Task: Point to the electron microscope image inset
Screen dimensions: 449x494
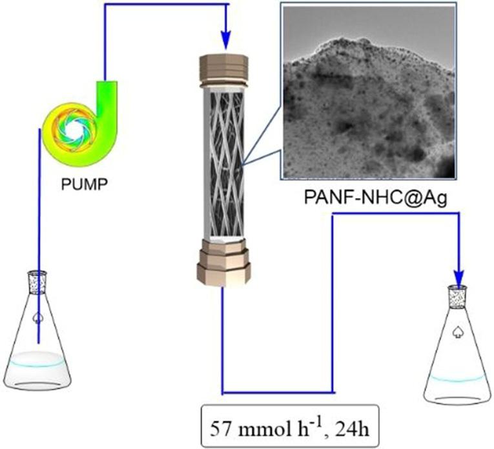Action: (369, 90)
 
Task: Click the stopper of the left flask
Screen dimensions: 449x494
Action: (37, 281)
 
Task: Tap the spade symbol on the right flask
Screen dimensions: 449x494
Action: (458, 332)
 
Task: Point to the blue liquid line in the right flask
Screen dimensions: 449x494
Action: (457, 377)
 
